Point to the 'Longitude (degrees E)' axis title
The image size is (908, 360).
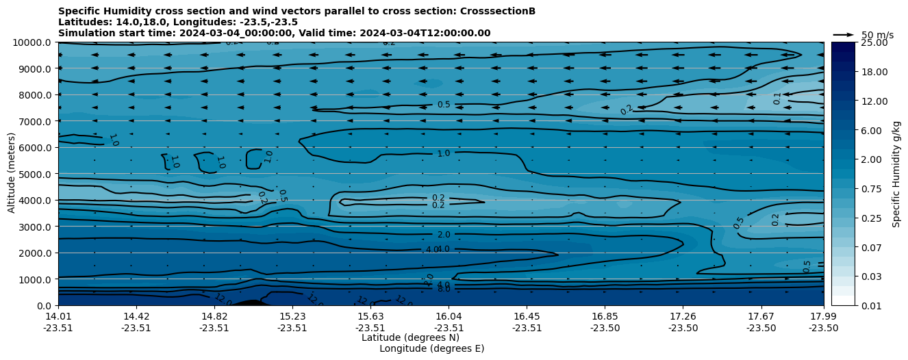[x=431, y=348]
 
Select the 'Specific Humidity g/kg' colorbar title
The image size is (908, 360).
[x=896, y=174]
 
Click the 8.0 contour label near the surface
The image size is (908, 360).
[x=444, y=290]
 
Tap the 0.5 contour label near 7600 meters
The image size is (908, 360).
[x=444, y=105]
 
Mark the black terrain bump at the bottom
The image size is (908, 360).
[x=251, y=303]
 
